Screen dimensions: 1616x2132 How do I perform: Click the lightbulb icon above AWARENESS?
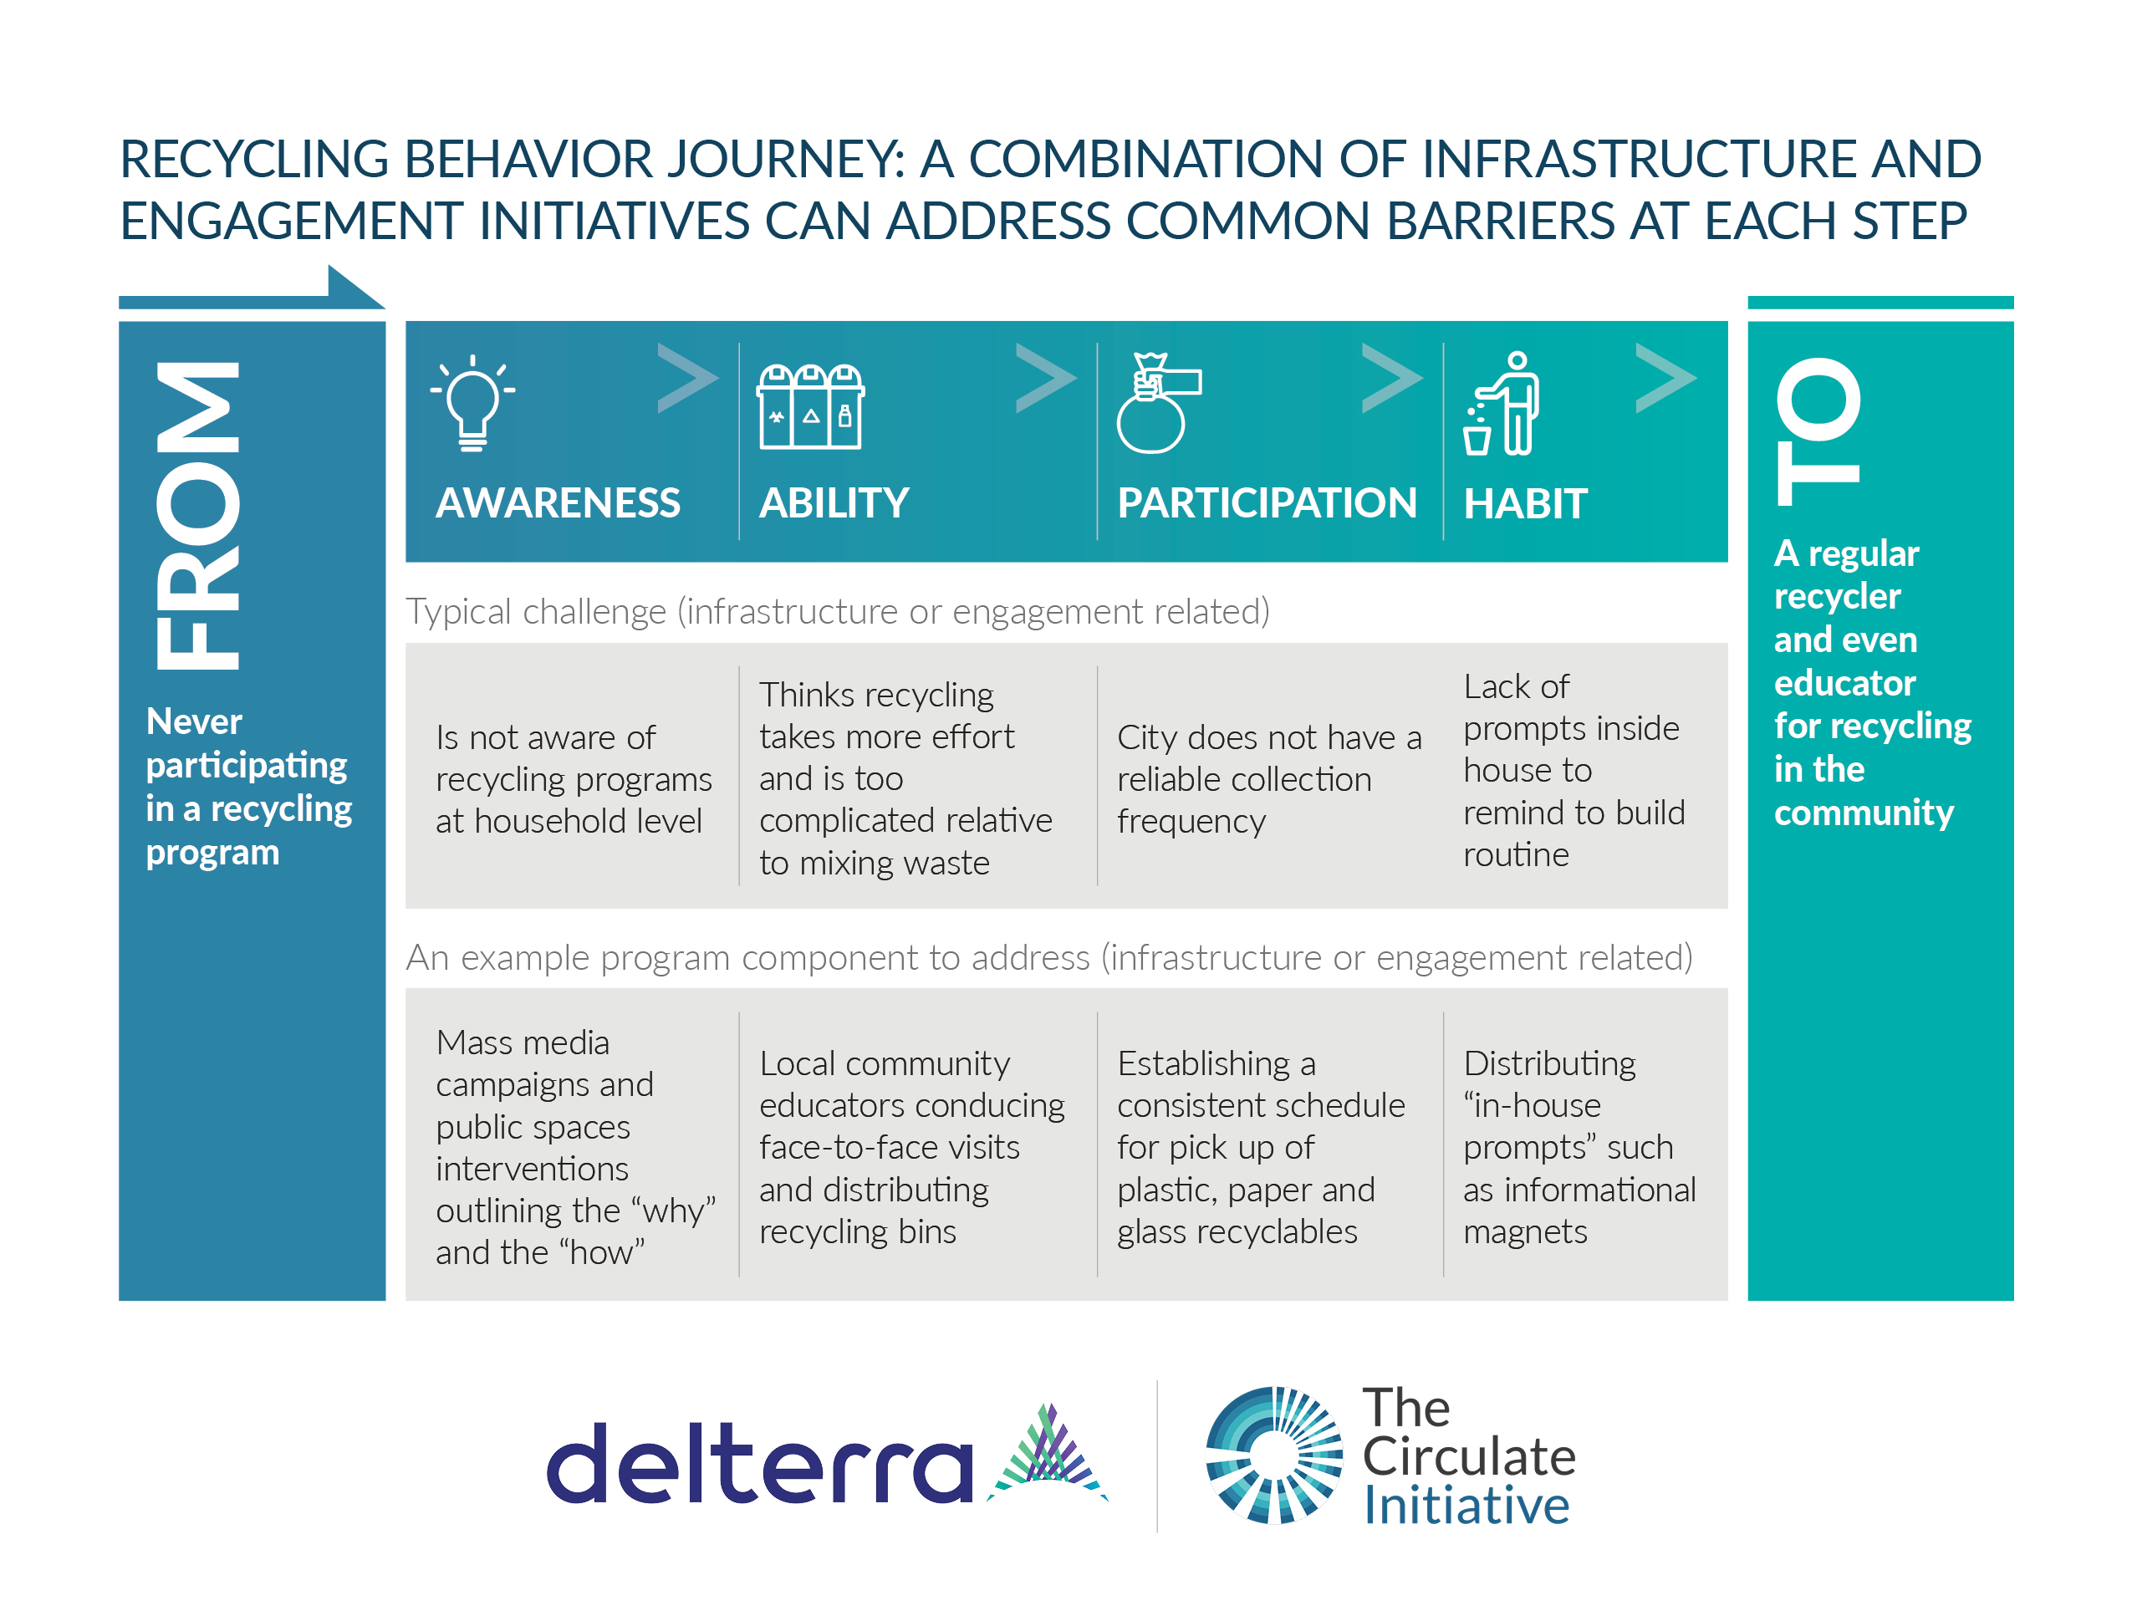[x=472, y=403]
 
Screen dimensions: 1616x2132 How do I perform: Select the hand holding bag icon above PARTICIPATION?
[x=1156, y=403]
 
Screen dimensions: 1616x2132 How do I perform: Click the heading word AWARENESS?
[x=557, y=503]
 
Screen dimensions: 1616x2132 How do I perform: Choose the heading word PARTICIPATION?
[x=1267, y=503]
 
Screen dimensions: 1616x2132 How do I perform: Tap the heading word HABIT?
[x=1525, y=504]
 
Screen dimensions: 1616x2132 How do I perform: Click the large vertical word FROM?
[x=197, y=516]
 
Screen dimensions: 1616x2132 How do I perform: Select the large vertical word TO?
[x=1818, y=431]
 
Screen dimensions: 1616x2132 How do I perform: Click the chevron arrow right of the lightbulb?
[x=687, y=378]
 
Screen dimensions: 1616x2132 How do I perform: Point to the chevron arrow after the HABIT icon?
[x=1665, y=378]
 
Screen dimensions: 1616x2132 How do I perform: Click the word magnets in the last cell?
[x=1525, y=1231]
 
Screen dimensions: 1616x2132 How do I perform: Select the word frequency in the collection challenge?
[x=1191, y=821]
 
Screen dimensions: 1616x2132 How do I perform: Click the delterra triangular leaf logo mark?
[x=1048, y=1452]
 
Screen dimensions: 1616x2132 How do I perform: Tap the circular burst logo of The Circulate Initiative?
[x=1273, y=1455]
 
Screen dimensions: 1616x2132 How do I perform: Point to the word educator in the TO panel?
[x=1844, y=682]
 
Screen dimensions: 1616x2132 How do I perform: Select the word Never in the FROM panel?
[x=194, y=721]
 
